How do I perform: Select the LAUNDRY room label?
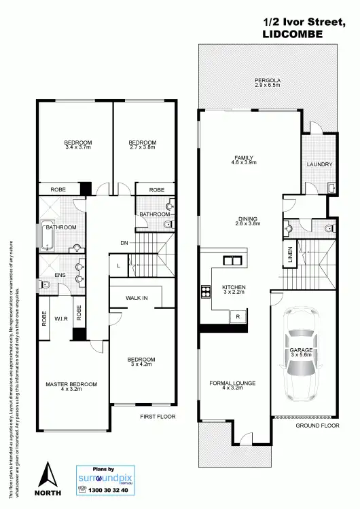319,164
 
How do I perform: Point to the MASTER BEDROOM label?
71,384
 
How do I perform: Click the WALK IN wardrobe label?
136,297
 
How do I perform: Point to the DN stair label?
124,243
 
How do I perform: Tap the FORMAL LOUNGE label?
232,383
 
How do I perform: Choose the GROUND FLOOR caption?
317,426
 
